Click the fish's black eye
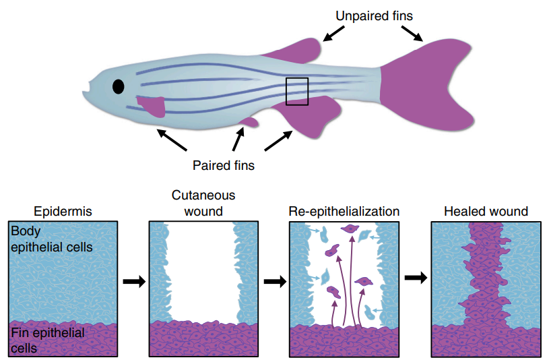[119, 87]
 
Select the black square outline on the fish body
[296, 91]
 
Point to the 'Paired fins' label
[223, 164]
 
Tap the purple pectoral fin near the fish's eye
[153, 106]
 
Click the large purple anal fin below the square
[307, 117]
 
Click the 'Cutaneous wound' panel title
[203, 203]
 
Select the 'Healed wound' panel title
[486, 212]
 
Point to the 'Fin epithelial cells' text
[47, 340]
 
